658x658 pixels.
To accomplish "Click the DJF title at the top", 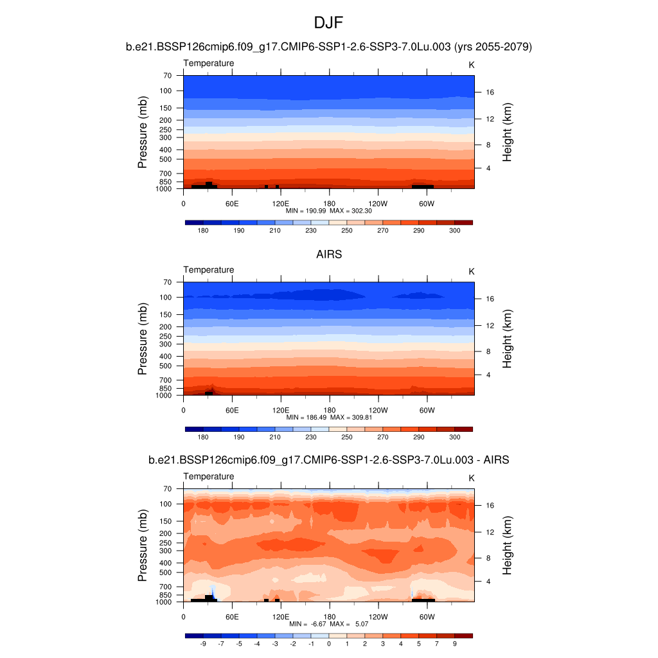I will [x=328, y=23].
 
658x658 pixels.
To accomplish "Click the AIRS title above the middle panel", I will [x=328, y=254].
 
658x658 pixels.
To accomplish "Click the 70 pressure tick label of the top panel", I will [x=167, y=76].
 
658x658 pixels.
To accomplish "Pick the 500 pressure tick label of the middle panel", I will [x=166, y=366].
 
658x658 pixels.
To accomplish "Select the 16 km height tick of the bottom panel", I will [x=489, y=506].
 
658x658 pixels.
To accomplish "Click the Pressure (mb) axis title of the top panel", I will [x=143, y=132].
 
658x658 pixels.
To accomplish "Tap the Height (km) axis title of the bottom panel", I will [x=508, y=546].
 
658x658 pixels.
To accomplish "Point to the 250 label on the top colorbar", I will [x=347, y=231].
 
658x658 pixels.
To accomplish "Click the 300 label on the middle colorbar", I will [x=455, y=438].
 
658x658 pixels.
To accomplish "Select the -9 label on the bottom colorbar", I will [x=202, y=645].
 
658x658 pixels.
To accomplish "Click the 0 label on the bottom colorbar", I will [x=329, y=645].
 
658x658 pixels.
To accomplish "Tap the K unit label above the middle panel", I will [x=472, y=272].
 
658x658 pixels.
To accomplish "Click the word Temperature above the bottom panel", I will [x=209, y=477].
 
